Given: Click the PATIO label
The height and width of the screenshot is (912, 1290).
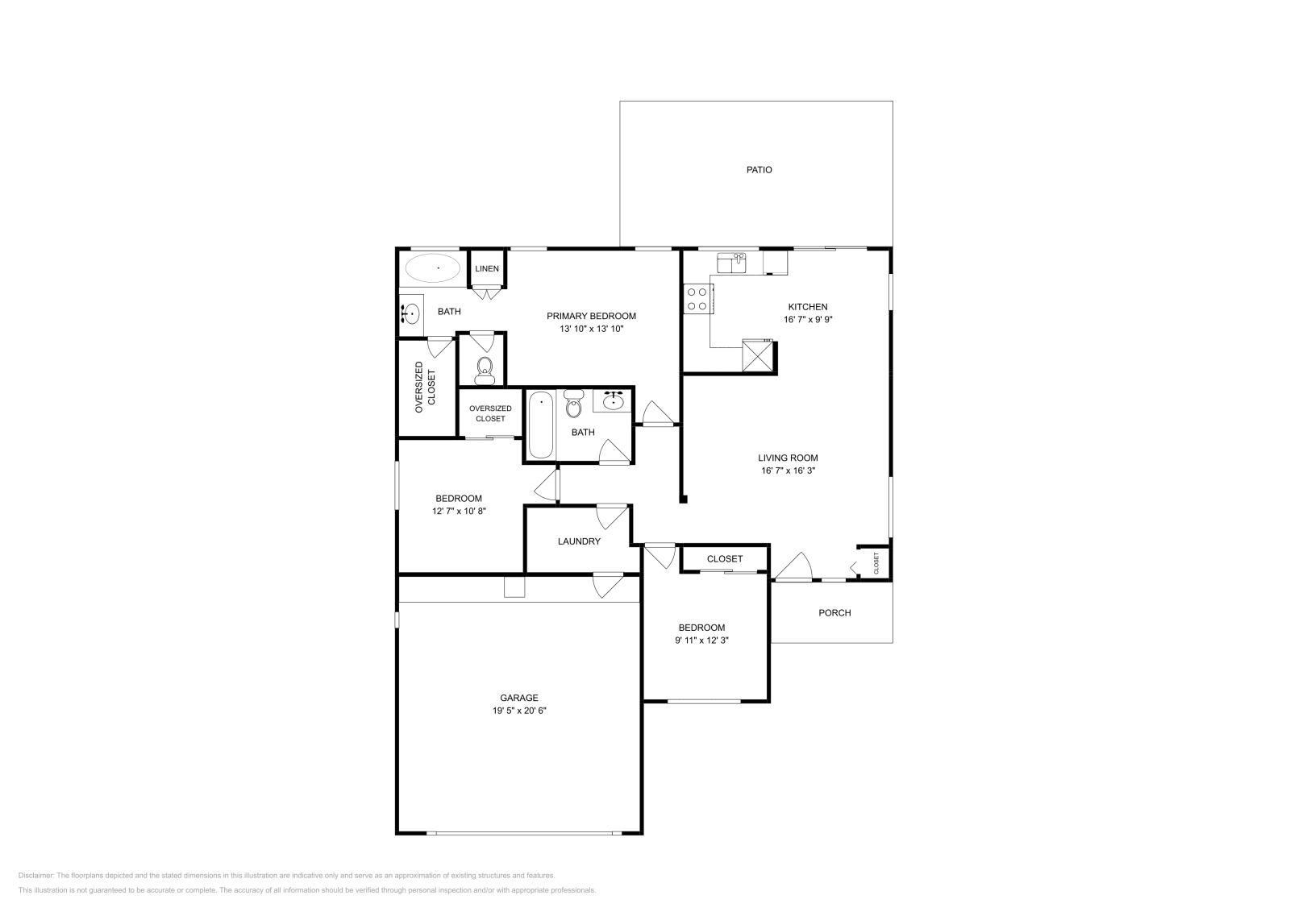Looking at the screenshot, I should pos(758,170).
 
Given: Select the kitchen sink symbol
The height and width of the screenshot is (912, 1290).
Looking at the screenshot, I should pos(732,263).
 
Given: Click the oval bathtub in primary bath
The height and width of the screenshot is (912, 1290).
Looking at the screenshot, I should pos(432,267).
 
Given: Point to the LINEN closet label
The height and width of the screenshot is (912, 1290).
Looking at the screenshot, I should pos(486,268).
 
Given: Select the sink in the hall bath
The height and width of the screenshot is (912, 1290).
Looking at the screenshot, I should pos(614,400).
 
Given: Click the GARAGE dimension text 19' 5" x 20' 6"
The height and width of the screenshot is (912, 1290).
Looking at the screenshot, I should pos(519,711).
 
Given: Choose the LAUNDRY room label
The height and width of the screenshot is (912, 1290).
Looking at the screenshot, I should pos(578,541).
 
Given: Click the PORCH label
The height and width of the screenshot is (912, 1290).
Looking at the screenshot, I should pos(834,613).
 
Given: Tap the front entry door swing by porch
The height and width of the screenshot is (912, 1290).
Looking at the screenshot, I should pos(794,566).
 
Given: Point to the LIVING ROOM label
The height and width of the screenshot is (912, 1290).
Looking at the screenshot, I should pos(788,458).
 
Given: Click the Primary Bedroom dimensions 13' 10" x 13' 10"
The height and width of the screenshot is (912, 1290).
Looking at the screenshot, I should pos(591,329).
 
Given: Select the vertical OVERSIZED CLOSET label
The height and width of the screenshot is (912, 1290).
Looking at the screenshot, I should pos(425,388).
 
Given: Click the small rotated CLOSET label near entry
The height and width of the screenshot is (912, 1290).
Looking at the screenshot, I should pos(876,562).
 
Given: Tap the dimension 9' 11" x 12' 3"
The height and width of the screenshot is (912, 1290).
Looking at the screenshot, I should pos(701,640).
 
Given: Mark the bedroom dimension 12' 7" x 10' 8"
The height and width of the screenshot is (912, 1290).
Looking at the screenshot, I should pos(459,511).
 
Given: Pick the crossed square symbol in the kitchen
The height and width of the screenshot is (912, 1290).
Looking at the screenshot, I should pos(757,357).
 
